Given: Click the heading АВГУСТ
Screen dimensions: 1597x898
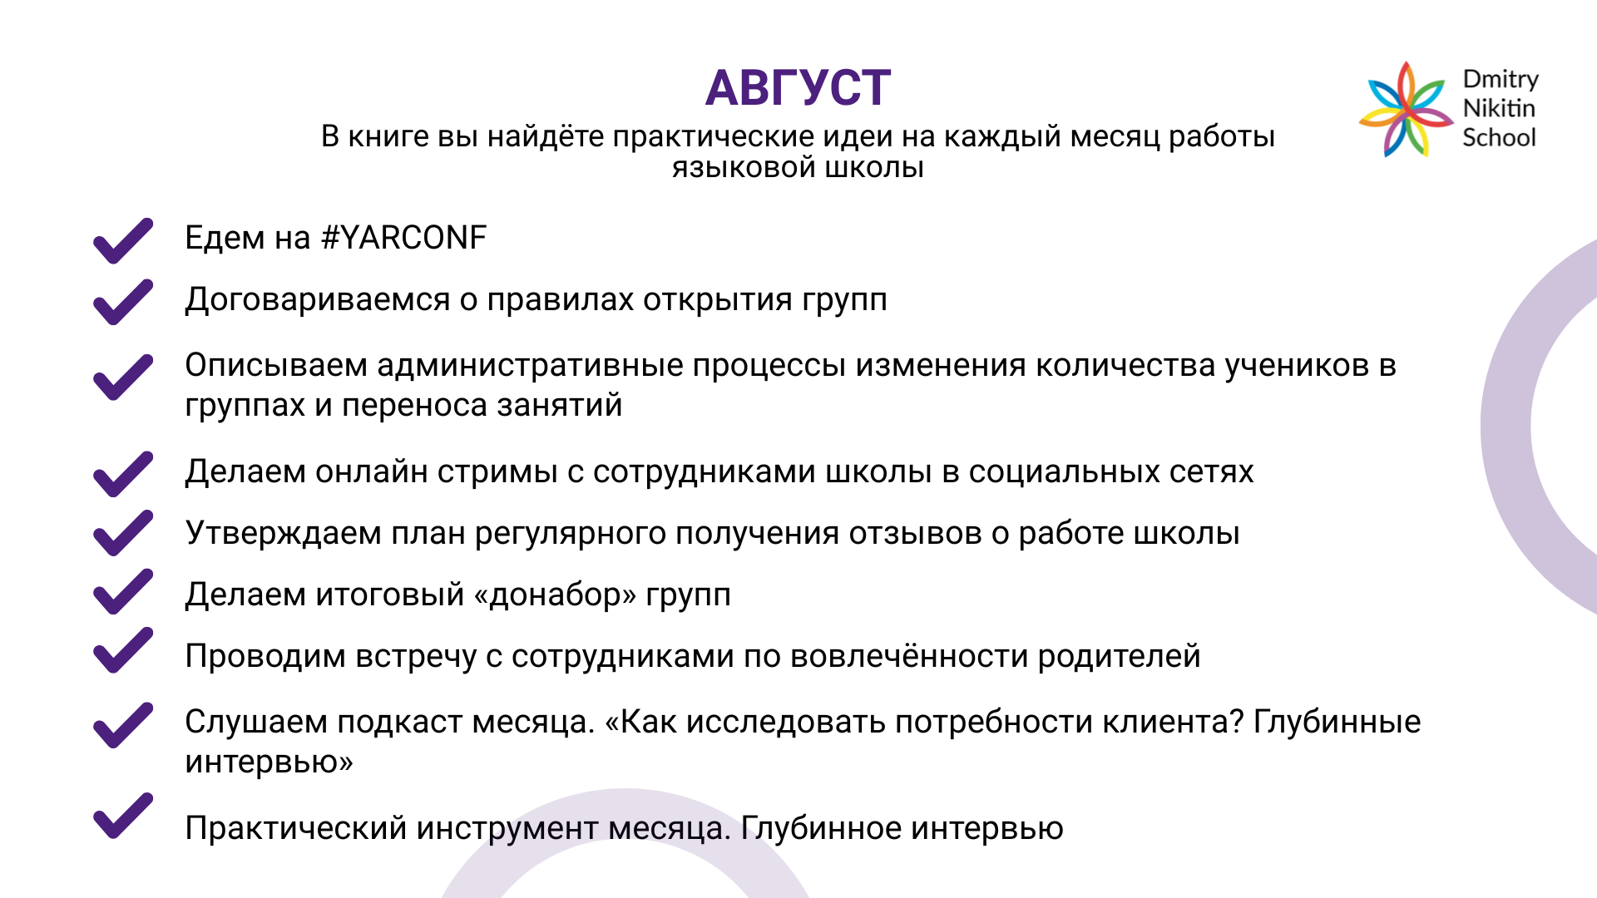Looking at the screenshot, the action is point(798,87).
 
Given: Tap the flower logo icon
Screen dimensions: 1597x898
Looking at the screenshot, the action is point(1406,109).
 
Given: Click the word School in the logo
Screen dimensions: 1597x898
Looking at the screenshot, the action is point(1499,137).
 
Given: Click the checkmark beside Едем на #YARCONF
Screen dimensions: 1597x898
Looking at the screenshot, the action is point(123,240).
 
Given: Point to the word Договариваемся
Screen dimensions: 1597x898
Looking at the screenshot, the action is point(318,300).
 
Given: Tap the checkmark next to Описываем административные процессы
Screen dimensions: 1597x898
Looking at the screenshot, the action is point(123,377).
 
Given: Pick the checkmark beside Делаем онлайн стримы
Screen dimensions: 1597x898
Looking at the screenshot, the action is point(123,474).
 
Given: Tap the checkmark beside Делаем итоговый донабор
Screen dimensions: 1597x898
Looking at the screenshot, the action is point(123,591).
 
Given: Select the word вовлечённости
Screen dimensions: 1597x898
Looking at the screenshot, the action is point(908,656).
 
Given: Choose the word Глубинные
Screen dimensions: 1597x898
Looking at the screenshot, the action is point(1337,722).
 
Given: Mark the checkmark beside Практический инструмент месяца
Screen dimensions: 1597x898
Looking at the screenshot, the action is point(123,816).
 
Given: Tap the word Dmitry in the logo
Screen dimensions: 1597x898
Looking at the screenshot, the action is point(1501,80).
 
